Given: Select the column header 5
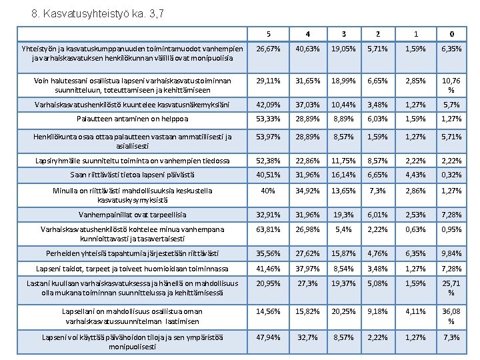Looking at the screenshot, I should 267,33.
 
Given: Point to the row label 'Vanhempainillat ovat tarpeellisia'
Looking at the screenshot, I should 132,215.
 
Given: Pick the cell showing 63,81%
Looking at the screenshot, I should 267,234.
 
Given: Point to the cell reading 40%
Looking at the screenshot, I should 267,191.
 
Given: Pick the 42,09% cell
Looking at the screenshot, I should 267,104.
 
